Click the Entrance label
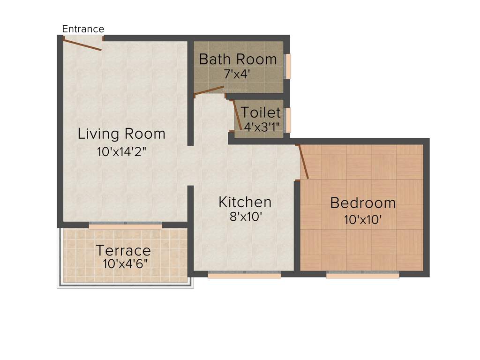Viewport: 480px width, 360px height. click(83, 29)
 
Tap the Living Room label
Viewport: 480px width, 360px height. click(121, 134)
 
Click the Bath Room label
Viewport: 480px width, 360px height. click(238, 60)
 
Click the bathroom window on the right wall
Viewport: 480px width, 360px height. click(288, 66)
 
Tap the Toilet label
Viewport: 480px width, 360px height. click(261, 112)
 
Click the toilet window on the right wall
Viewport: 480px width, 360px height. click(288, 120)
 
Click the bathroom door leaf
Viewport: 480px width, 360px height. click(209, 90)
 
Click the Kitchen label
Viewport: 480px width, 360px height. click(245, 202)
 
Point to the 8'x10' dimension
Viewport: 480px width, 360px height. click(243, 217)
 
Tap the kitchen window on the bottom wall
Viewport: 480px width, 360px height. click(244, 276)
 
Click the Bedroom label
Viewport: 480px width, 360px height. click(363, 203)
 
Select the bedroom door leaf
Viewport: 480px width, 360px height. click(303, 161)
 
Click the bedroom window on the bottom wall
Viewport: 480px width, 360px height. click(362, 276)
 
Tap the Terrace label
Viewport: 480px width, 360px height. click(123, 250)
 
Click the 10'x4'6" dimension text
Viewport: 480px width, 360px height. click(125, 263)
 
